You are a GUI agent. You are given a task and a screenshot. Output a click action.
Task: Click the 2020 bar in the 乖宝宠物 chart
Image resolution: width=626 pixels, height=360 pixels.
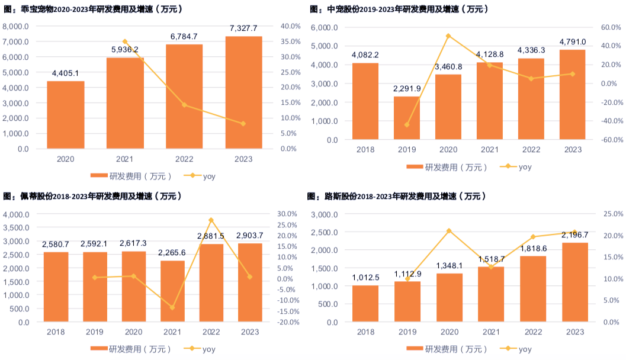(65, 115)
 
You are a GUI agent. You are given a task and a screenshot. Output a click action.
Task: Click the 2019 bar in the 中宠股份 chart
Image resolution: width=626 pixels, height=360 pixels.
(407, 118)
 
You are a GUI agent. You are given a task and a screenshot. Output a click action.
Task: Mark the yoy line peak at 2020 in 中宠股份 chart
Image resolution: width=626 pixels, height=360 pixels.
(448, 36)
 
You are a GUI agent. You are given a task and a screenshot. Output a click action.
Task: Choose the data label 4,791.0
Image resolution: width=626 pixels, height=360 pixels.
(572, 41)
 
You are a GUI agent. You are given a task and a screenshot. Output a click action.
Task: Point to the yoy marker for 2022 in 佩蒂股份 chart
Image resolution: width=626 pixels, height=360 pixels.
(211, 220)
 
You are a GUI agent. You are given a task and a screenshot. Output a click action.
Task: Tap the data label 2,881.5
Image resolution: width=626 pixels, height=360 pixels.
(211, 236)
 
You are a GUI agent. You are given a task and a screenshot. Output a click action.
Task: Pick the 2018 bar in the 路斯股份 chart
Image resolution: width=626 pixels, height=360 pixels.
(365, 304)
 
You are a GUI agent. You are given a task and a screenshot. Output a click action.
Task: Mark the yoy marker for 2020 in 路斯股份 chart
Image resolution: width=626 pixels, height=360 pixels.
(448, 230)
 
